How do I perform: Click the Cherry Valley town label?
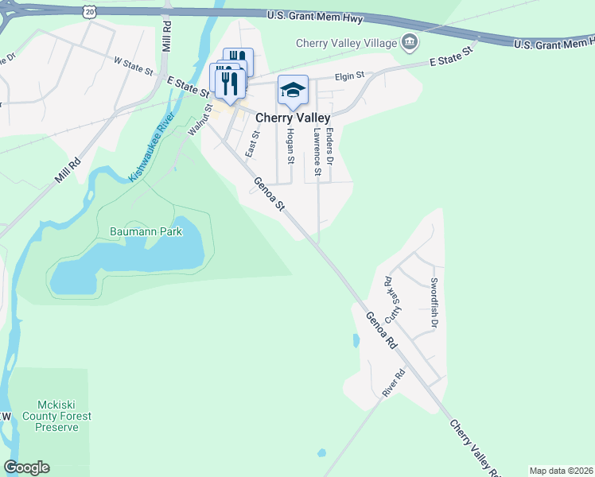pos(292,118)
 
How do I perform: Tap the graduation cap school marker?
pos(293,91)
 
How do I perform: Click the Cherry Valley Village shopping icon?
pos(410,42)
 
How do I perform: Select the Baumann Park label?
pos(146,232)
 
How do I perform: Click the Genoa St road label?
pos(270,195)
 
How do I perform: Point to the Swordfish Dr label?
pos(434,303)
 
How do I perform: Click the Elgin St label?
pos(348,76)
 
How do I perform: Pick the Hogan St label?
pos(290,146)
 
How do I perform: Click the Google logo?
pos(26,467)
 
